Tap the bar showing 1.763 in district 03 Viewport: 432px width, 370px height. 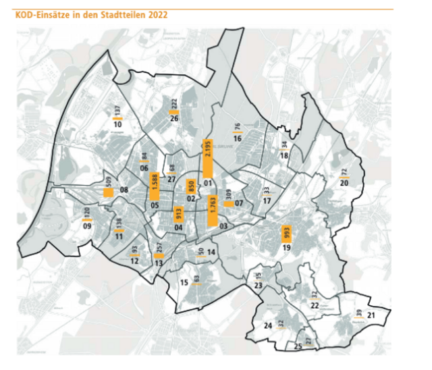tap(213, 209)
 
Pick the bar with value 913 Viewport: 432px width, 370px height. tap(180, 214)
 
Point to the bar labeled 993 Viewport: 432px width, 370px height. tap(286, 234)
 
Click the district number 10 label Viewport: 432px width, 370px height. tap(117, 124)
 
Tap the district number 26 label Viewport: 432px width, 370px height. tap(173, 119)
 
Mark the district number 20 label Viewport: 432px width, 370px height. tap(344, 183)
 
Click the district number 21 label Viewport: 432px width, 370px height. tap(371, 315)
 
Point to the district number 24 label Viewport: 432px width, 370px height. tap(267, 326)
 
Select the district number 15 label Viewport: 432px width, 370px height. tap(183, 283)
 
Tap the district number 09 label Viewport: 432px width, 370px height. tap(87, 226)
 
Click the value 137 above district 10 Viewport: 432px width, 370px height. tap(117, 111)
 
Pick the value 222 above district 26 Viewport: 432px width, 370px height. tap(173, 103)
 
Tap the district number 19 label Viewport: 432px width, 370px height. tap(286, 248)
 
